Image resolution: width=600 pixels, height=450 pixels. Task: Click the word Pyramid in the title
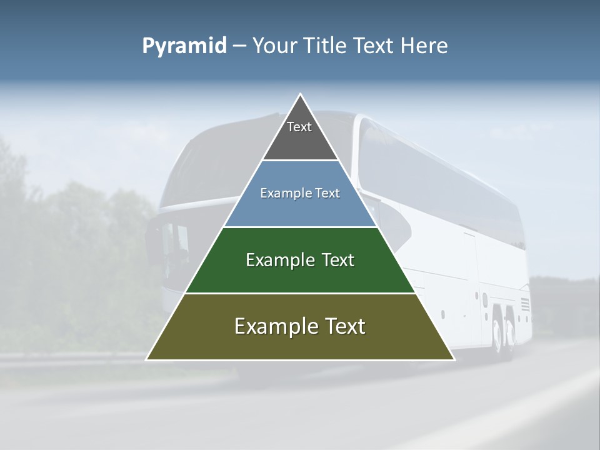point(184,46)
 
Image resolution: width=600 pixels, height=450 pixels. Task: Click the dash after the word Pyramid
point(239,46)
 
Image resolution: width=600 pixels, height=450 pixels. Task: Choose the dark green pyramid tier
point(300,275)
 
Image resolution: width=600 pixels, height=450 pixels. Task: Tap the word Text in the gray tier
point(299,127)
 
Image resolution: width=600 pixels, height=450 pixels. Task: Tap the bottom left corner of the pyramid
point(146,359)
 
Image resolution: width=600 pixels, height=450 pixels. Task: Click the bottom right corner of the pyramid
point(454,359)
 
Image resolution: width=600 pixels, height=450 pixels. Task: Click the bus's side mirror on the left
point(152,241)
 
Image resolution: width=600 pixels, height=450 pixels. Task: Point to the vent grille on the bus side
point(524,305)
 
